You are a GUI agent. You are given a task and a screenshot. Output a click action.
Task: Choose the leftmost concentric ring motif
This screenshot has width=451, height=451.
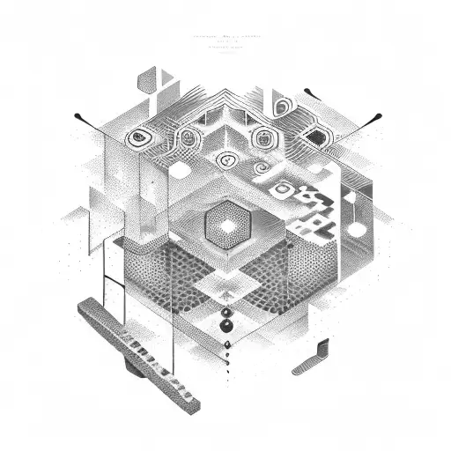point(138,137)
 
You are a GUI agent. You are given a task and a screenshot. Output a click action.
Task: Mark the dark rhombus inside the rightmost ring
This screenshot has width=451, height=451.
point(313,137)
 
